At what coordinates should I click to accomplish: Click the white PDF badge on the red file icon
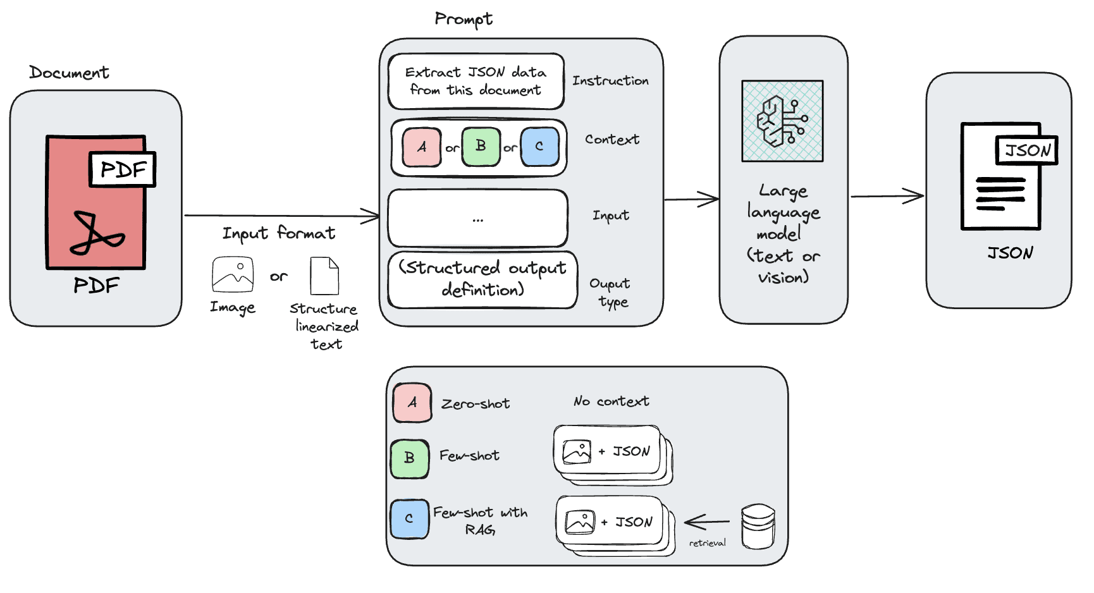click(123, 169)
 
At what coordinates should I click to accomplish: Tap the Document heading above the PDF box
click(69, 73)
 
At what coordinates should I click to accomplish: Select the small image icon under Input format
click(233, 274)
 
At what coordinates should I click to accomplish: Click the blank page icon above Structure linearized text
click(324, 276)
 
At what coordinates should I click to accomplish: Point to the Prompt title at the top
click(464, 19)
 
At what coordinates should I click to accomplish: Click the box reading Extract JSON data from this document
click(476, 82)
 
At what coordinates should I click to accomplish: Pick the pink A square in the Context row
click(422, 147)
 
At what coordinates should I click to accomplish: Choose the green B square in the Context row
click(481, 147)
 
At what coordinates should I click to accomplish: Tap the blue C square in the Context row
click(539, 147)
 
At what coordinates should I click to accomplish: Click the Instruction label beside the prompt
click(610, 81)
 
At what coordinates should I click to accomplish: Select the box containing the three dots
click(477, 218)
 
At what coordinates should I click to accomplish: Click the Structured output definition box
click(482, 279)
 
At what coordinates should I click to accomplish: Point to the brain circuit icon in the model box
click(782, 121)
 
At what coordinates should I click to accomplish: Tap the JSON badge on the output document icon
click(1026, 150)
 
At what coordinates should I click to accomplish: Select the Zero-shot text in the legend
click(476, 404)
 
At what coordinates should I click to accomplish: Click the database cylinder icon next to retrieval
click(758, 526)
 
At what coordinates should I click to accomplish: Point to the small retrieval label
click(707, 543)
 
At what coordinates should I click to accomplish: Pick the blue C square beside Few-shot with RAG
click(409, 519)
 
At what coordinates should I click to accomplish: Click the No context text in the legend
click(611, 401)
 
